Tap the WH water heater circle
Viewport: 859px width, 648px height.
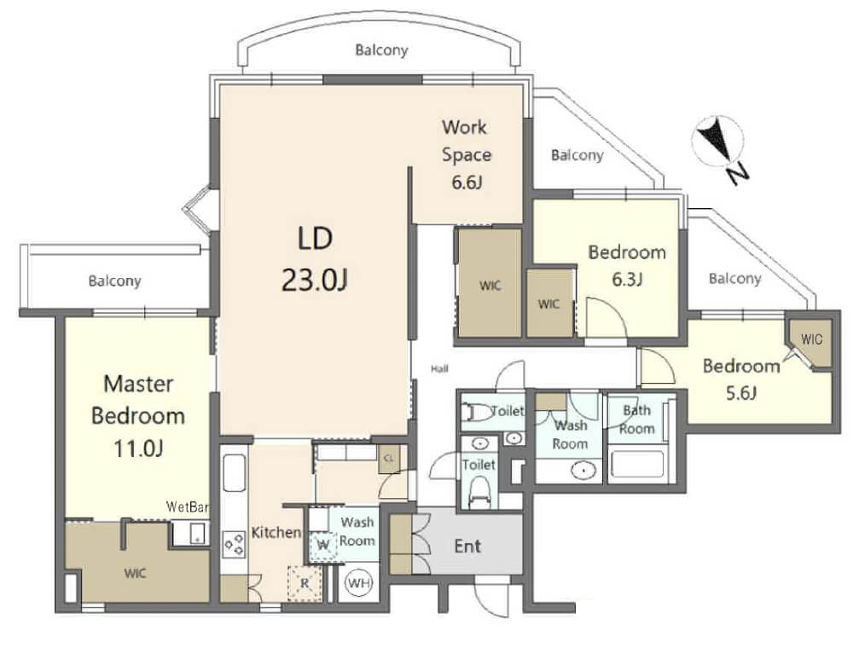coord(359,583)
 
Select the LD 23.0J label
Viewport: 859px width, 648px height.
coord(315,259)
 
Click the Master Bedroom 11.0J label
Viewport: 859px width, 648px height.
coord(138,416)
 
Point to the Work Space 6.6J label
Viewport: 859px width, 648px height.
coord(467,154)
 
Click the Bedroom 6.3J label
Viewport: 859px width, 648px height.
coord(627,265)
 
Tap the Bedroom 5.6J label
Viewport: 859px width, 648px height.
coord(741,379)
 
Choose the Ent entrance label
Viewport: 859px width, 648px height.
coord(467,546)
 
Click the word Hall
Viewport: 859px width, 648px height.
coord(439,368)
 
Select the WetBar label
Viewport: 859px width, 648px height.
coord(188,506)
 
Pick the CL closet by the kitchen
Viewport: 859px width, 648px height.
coord(389,459)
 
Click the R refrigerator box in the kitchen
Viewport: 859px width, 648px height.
coord(305,582)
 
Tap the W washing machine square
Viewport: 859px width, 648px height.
coord(323,545)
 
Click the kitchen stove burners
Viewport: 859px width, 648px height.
coord(234,545)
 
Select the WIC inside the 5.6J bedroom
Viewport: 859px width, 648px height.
coord(811,339)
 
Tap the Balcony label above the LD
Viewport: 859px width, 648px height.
coord(381,49)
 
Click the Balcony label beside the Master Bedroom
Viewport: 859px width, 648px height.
coord(114,281)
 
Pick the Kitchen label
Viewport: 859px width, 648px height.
coord(276,532)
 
